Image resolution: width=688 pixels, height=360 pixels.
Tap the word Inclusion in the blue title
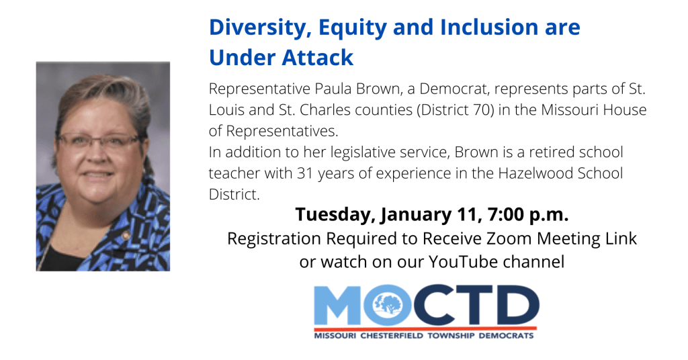[490, 27]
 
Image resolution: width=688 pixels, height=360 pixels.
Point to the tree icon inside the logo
[388, 304]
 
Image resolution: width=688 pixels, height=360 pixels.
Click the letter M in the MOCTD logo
[338, 305]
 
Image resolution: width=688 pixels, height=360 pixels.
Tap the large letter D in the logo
[515, 305]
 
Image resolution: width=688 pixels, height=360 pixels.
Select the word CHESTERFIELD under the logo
[392, 336]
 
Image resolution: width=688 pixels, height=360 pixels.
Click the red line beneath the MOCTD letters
[425, 328]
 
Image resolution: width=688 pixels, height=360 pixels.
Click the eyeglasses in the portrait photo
[99, 140]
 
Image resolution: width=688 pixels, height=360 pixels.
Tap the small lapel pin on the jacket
[126, 236]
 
